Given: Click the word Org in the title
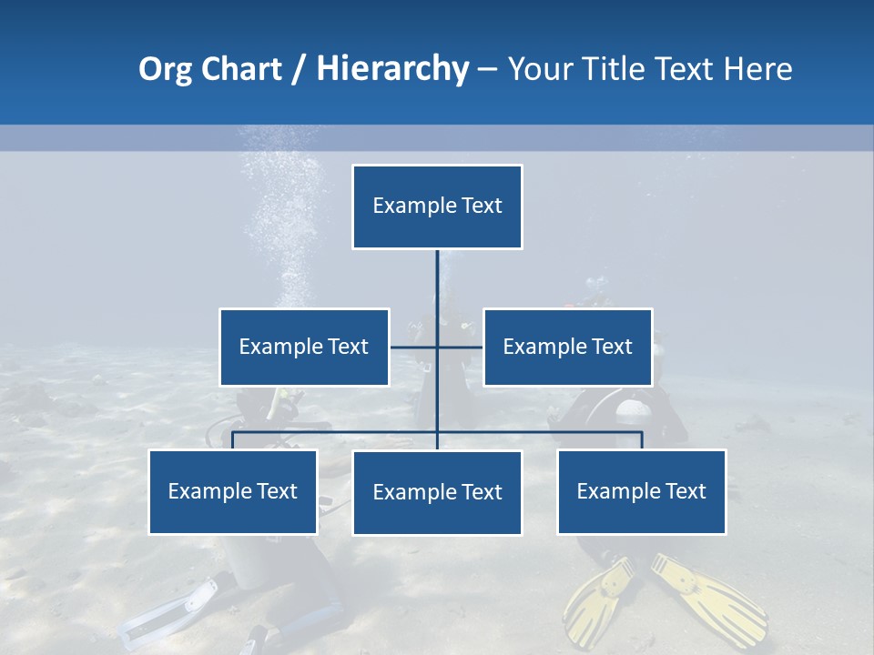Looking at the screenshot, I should point(165,69).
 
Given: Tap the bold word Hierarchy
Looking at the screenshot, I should point(391,69).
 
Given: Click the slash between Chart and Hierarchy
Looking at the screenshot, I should point(299,70).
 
